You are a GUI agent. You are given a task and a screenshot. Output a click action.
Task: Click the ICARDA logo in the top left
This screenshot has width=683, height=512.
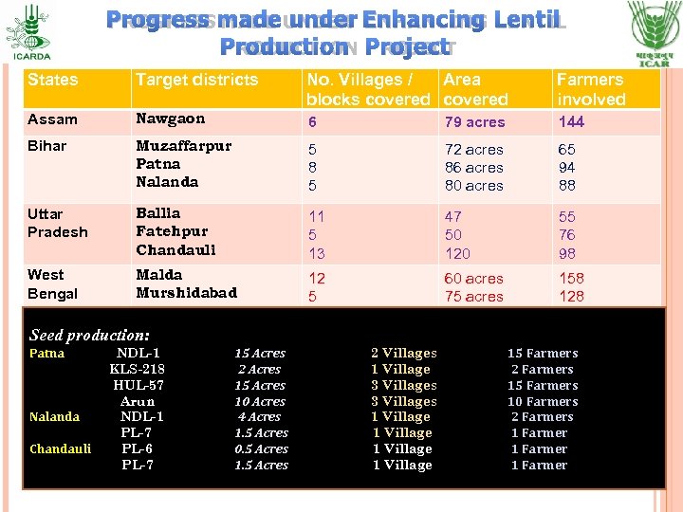(33, 30)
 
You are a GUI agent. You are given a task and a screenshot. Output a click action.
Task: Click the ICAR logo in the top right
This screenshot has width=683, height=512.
(654, 32)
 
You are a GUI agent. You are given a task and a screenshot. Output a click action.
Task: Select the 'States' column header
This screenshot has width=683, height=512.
(53, 80)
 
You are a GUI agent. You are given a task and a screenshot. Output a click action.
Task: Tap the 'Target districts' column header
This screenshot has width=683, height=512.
(196, 80)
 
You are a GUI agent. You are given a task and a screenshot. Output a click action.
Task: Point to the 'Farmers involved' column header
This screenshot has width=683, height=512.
(591, 89)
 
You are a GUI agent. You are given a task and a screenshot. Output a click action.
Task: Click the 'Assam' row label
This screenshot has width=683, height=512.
(52, 120)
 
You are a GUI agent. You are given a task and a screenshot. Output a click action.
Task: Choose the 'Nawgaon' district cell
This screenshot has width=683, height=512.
(172, 119)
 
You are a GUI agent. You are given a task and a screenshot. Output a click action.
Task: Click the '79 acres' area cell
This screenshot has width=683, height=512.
(474, 121)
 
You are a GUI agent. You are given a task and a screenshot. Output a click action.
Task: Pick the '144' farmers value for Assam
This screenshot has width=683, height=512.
(571, 121)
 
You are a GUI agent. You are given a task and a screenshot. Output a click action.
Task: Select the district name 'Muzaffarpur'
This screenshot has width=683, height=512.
(183, 146)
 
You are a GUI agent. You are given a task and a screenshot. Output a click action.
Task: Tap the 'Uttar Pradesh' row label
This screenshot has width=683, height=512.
(57, 223)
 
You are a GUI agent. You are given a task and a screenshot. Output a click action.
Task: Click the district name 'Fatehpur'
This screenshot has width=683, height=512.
(171, 231)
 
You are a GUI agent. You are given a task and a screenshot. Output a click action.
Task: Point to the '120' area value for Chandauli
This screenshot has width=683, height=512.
(457, 254)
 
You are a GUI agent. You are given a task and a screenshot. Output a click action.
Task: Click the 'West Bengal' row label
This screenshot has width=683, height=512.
(53, 283)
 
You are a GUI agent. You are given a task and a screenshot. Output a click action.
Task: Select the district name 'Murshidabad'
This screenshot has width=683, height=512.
(186, 293)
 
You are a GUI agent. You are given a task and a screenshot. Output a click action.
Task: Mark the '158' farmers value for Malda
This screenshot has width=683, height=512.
(572, 279)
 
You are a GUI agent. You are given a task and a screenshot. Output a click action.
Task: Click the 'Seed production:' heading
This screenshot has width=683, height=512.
(89, 335)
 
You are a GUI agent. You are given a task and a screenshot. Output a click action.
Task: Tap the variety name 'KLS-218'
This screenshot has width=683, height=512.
(137, 369)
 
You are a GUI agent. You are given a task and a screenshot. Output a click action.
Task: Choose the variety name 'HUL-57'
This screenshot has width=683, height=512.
(138, 385)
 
